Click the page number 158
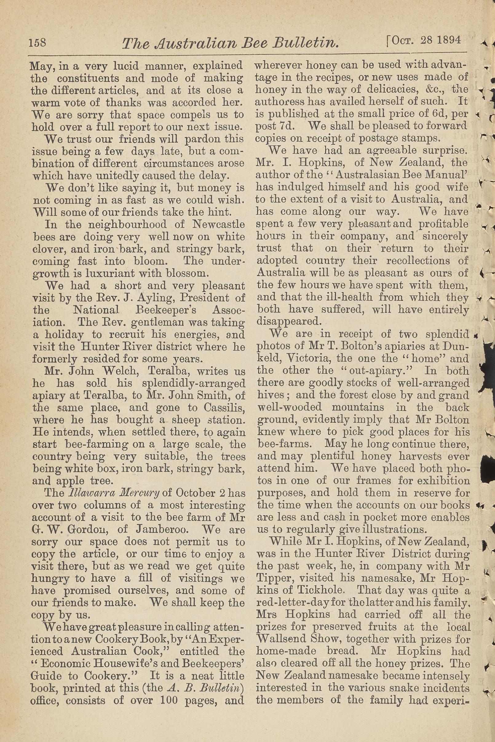point(37,42)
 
